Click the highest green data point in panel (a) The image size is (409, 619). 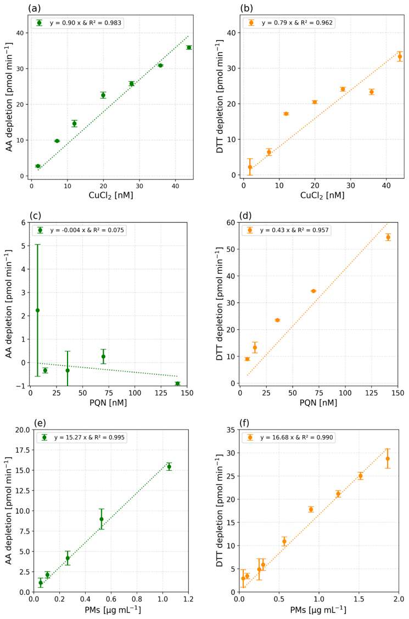click(189, 48)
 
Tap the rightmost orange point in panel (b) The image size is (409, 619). click(400, 57)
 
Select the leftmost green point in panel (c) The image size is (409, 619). click(37, 310)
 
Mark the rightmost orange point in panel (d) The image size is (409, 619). click(388, 237)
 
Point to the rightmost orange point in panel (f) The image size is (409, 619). click(388, 459)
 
